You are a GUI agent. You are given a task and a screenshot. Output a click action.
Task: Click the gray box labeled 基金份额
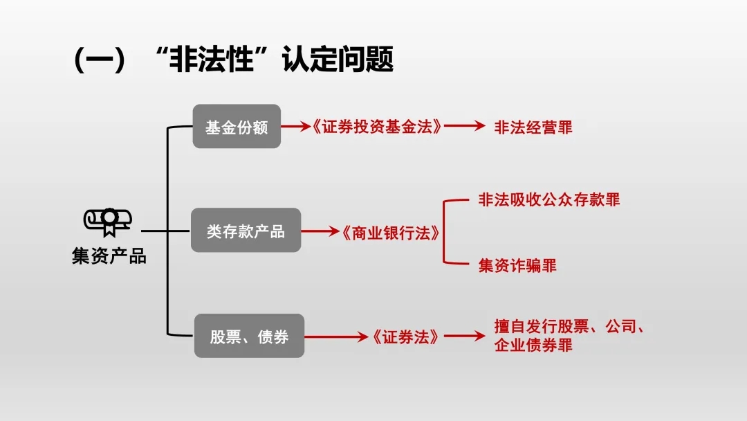tap(237, 126)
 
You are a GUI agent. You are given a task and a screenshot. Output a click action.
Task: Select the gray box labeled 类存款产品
tap(246, 231)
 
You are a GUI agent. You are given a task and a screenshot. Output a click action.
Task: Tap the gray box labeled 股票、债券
tap(249, 336)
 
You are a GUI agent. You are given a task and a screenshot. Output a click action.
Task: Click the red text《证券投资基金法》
tap(377, 127)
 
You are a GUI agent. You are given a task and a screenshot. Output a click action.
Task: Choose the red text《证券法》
tap(405, 337)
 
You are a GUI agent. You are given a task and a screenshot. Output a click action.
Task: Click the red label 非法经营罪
tap(533, 127)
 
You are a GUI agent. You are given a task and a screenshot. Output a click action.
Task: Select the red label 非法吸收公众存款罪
tap(548, 200)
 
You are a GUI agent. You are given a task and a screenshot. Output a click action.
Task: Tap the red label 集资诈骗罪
tap(517, 266)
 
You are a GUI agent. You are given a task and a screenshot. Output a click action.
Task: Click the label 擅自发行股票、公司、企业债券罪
tap(569, 336)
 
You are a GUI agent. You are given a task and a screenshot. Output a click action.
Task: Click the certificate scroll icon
tap(108, 222)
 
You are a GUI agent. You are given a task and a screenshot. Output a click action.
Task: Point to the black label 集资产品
tap(109, 256)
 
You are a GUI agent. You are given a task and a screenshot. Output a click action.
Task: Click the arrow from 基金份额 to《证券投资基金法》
tap(296, 126)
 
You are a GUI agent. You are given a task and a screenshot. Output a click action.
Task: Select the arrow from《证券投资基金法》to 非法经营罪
tap(465, 126)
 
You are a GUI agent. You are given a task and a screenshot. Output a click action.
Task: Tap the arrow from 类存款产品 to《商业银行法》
tap(320, 231)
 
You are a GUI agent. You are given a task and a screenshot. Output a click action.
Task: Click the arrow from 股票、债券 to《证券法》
tap(336, 337)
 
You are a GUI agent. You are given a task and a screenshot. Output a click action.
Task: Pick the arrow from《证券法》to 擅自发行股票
tap(465, 336)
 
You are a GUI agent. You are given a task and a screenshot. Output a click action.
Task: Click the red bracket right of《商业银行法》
tap(443, 232)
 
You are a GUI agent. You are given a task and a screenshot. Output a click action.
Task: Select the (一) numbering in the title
tap(100, 60)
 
